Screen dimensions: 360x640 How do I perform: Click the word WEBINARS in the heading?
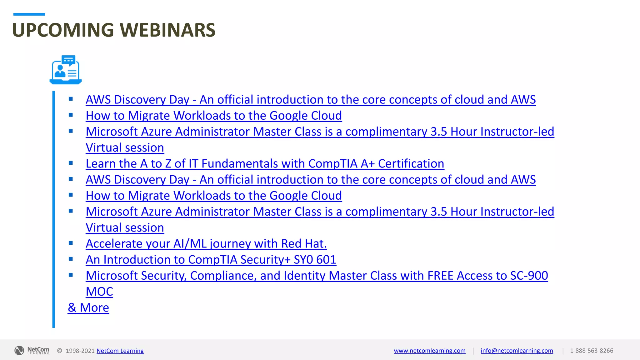click(x=168, y=30)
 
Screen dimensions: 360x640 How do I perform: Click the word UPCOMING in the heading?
click(x=63, y=30)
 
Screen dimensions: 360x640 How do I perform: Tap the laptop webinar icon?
click(x=66, y=70)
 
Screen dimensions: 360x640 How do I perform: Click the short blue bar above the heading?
click(x=29, y=14)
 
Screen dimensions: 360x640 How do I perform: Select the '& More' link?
click(x=88, y=307)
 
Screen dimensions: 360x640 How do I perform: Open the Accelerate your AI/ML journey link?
click(x=206, y=244)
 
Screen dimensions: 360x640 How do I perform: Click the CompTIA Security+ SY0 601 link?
click(x=211, y=260)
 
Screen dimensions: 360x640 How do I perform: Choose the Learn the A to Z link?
click(x=265, y=164)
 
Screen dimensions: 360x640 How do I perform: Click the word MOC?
click(x=99, y=292)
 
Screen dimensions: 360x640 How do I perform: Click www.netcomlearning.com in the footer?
click(x=429, y=351)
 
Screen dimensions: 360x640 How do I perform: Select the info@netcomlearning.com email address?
click(x=517, y=351)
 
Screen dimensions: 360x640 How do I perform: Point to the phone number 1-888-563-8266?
click(x=591, y=351)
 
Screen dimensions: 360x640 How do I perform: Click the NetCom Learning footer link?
click(x=120, y=351)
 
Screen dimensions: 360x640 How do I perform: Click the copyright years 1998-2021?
click(x=80, y=351)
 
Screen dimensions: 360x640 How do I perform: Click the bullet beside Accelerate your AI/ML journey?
click(x=71, y=243)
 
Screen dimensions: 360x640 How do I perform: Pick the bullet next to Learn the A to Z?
click(x=71, y=163)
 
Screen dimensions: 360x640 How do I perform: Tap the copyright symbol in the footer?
click(x=59, y=351)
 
